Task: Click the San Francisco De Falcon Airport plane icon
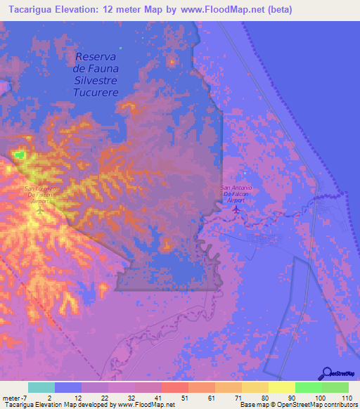pyautogui.click(x=40, y=209)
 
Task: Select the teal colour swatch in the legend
pyautogui.click(x=41, y=387)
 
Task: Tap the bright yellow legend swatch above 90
pyautogui.click(x=281, y=387)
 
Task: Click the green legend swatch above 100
pyautogui.click(x=308, y=387)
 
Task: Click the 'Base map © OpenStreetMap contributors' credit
pyautogui.click(x=297, y=404)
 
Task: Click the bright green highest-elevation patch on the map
pyautogui.click(x=19, y=154)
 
